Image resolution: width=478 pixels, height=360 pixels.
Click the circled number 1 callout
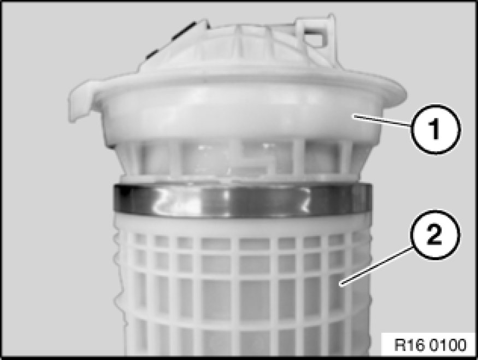[435, 129]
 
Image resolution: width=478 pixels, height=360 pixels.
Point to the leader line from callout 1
[381, 121]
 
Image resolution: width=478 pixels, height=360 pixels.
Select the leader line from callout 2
[376, 267]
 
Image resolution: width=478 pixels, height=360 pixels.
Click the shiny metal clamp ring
[243, 199]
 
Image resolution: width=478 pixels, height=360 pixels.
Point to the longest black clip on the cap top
[184, 31]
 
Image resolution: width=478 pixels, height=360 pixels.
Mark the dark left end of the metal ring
[122, 198]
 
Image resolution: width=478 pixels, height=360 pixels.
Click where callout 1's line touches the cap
[353, 115]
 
